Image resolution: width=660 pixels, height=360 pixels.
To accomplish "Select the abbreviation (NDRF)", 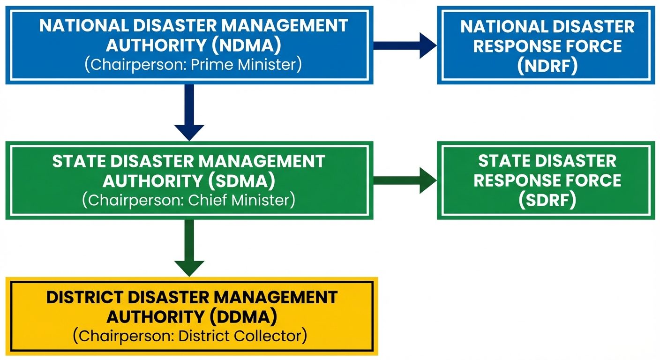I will coord(547,66).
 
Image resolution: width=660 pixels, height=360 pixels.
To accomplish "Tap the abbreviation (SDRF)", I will coord(547,201).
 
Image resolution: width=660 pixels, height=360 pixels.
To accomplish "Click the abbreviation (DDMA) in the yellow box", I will coord(243,317).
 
